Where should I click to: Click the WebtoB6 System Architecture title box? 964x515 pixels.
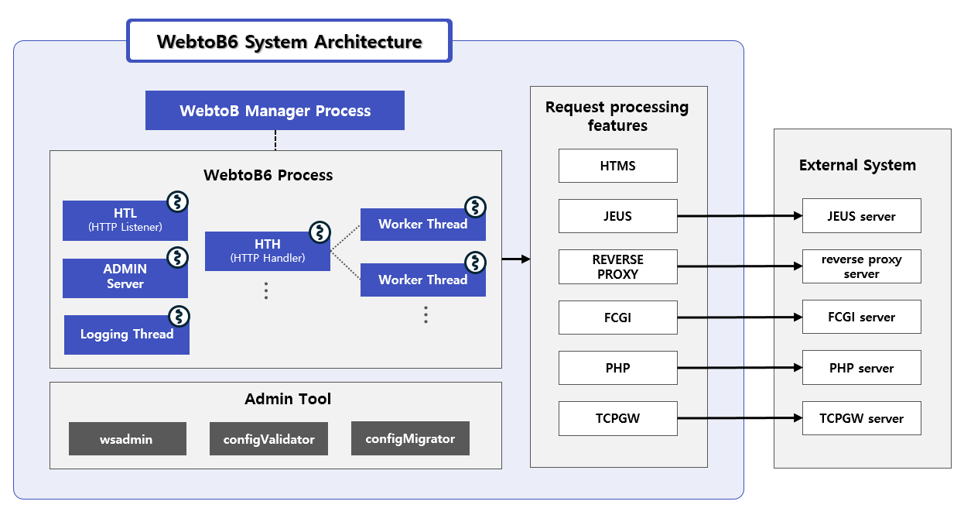[289, 41]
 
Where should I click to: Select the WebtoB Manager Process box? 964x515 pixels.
[275, 111]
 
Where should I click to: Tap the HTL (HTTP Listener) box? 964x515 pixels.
[125, 220]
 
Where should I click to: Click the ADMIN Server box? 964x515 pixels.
[125, 277]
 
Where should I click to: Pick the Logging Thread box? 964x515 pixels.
[126, 335]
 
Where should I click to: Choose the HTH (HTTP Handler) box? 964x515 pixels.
[267, 251]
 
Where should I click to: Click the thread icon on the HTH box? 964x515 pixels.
[320, 232]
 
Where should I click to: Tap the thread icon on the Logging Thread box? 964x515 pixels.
[179, 316]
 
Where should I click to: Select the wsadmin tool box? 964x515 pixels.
[127, 439]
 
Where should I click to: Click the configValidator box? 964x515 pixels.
[268, 439]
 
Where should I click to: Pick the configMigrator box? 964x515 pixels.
[410, 439]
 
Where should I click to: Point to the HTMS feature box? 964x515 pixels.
[617, 166]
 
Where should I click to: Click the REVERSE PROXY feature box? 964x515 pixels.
[617, 266]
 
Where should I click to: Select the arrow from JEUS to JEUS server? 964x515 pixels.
[739, 216]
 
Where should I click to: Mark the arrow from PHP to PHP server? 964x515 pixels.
[739, 368]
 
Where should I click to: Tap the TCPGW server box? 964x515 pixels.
[861, 418]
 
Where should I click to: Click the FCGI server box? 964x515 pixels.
[861, 317]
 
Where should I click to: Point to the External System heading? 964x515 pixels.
[857, 165]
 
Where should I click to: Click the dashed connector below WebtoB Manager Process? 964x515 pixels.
[275, 140]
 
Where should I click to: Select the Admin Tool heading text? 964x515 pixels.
[288, 400]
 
